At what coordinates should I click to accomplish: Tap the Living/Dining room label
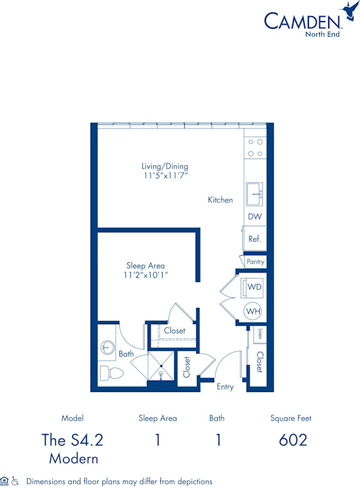tap(165, 166)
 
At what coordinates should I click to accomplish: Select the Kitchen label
tap(220, 200)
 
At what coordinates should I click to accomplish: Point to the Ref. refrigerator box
tap(254, 239)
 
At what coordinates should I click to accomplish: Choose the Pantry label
tap(255, 262)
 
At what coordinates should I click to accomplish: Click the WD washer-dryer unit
tap(254, 288)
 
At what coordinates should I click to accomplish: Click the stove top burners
tap(255, 148)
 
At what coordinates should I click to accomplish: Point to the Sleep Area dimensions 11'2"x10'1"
tap(146, 275)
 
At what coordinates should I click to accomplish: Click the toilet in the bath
tap(111, 373)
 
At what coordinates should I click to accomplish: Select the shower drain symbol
tap(161, 370)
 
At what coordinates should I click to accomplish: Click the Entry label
tap(225, 387)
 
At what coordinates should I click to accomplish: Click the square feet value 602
tap(293, 440)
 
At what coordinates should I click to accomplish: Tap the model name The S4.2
tap(72, 440)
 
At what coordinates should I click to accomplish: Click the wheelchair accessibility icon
tap(16, 481)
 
